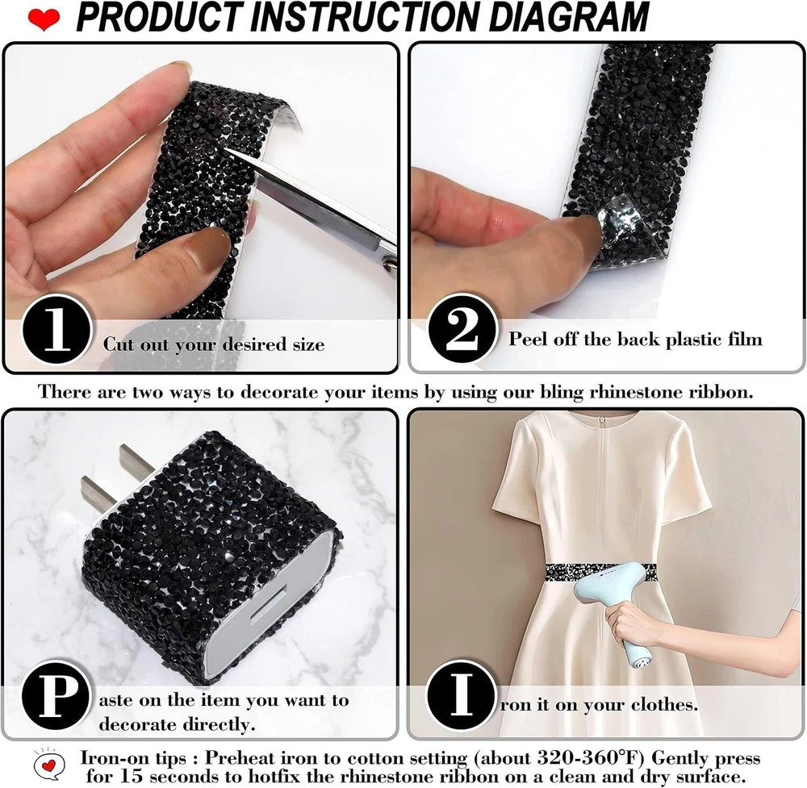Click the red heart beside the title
point(44,19)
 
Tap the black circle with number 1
point(56,330)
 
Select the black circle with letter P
point(56,695)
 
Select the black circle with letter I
point(461,694)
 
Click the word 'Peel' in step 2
point(527,339)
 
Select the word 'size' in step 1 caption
point(308,344)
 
